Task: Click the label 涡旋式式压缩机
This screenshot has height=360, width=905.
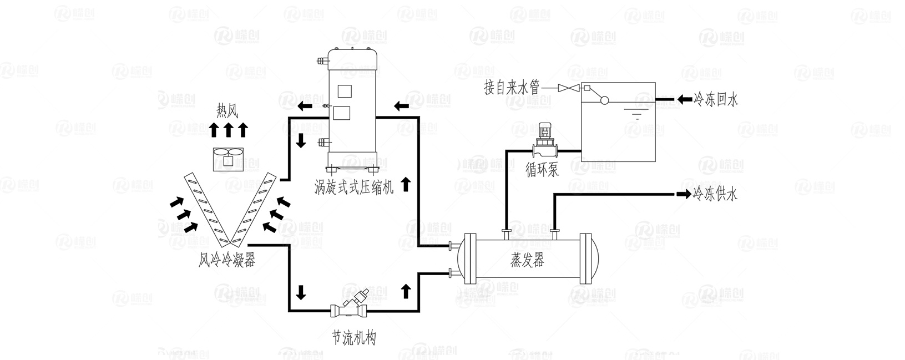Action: point(353,187)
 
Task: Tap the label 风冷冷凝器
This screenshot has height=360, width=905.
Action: point(227,260)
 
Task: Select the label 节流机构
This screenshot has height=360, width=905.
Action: point(353,337)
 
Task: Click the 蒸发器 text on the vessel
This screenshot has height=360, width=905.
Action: point(527,260)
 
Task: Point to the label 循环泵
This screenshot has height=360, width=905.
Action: point(542,170)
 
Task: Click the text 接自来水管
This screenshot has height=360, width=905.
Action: point(512,88)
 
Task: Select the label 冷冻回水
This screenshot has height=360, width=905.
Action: point(716,100)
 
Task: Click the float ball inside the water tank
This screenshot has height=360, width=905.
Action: point(604,100)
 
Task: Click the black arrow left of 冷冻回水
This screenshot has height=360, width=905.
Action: point(684,100)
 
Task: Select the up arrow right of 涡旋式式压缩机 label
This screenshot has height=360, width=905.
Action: point(406,184)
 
